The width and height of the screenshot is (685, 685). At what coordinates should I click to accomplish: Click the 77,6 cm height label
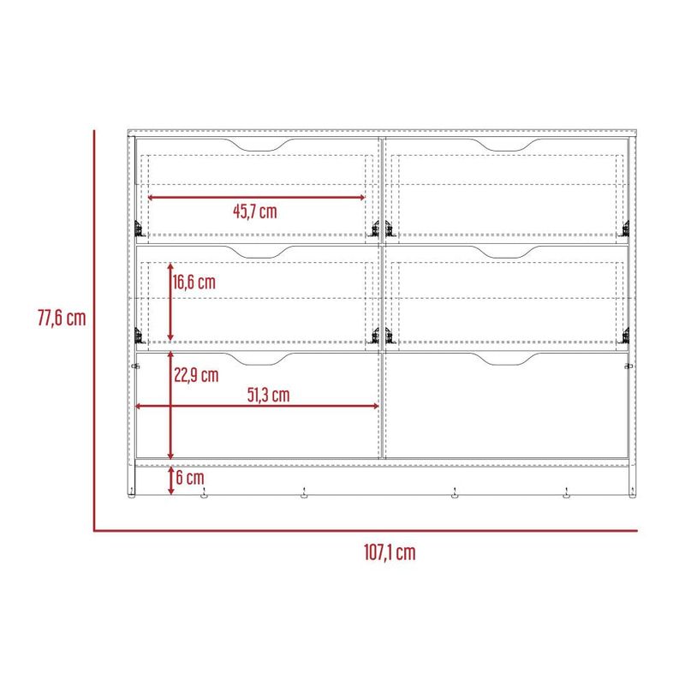pyautogui.click(x=62, y=318)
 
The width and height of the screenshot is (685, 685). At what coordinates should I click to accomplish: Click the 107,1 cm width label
pyautogui.click(x=390, y=552)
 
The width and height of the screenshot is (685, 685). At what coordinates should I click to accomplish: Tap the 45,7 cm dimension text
pyautogui.click(x=255, y=211)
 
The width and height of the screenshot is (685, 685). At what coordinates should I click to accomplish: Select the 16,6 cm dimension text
pyautogui.click(x=194, y=283)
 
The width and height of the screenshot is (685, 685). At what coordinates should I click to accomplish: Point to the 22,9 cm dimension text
pyautogui.click(x=196, y=375)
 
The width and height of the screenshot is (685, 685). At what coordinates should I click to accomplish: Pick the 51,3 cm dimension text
pyautogui.click(x=269, y=395)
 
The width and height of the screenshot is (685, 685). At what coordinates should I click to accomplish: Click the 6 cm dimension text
pyautogui.click(x=190, y=478)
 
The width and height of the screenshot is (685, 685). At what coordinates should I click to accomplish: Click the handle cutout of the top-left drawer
pyautogui.click(x=259, y=146)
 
